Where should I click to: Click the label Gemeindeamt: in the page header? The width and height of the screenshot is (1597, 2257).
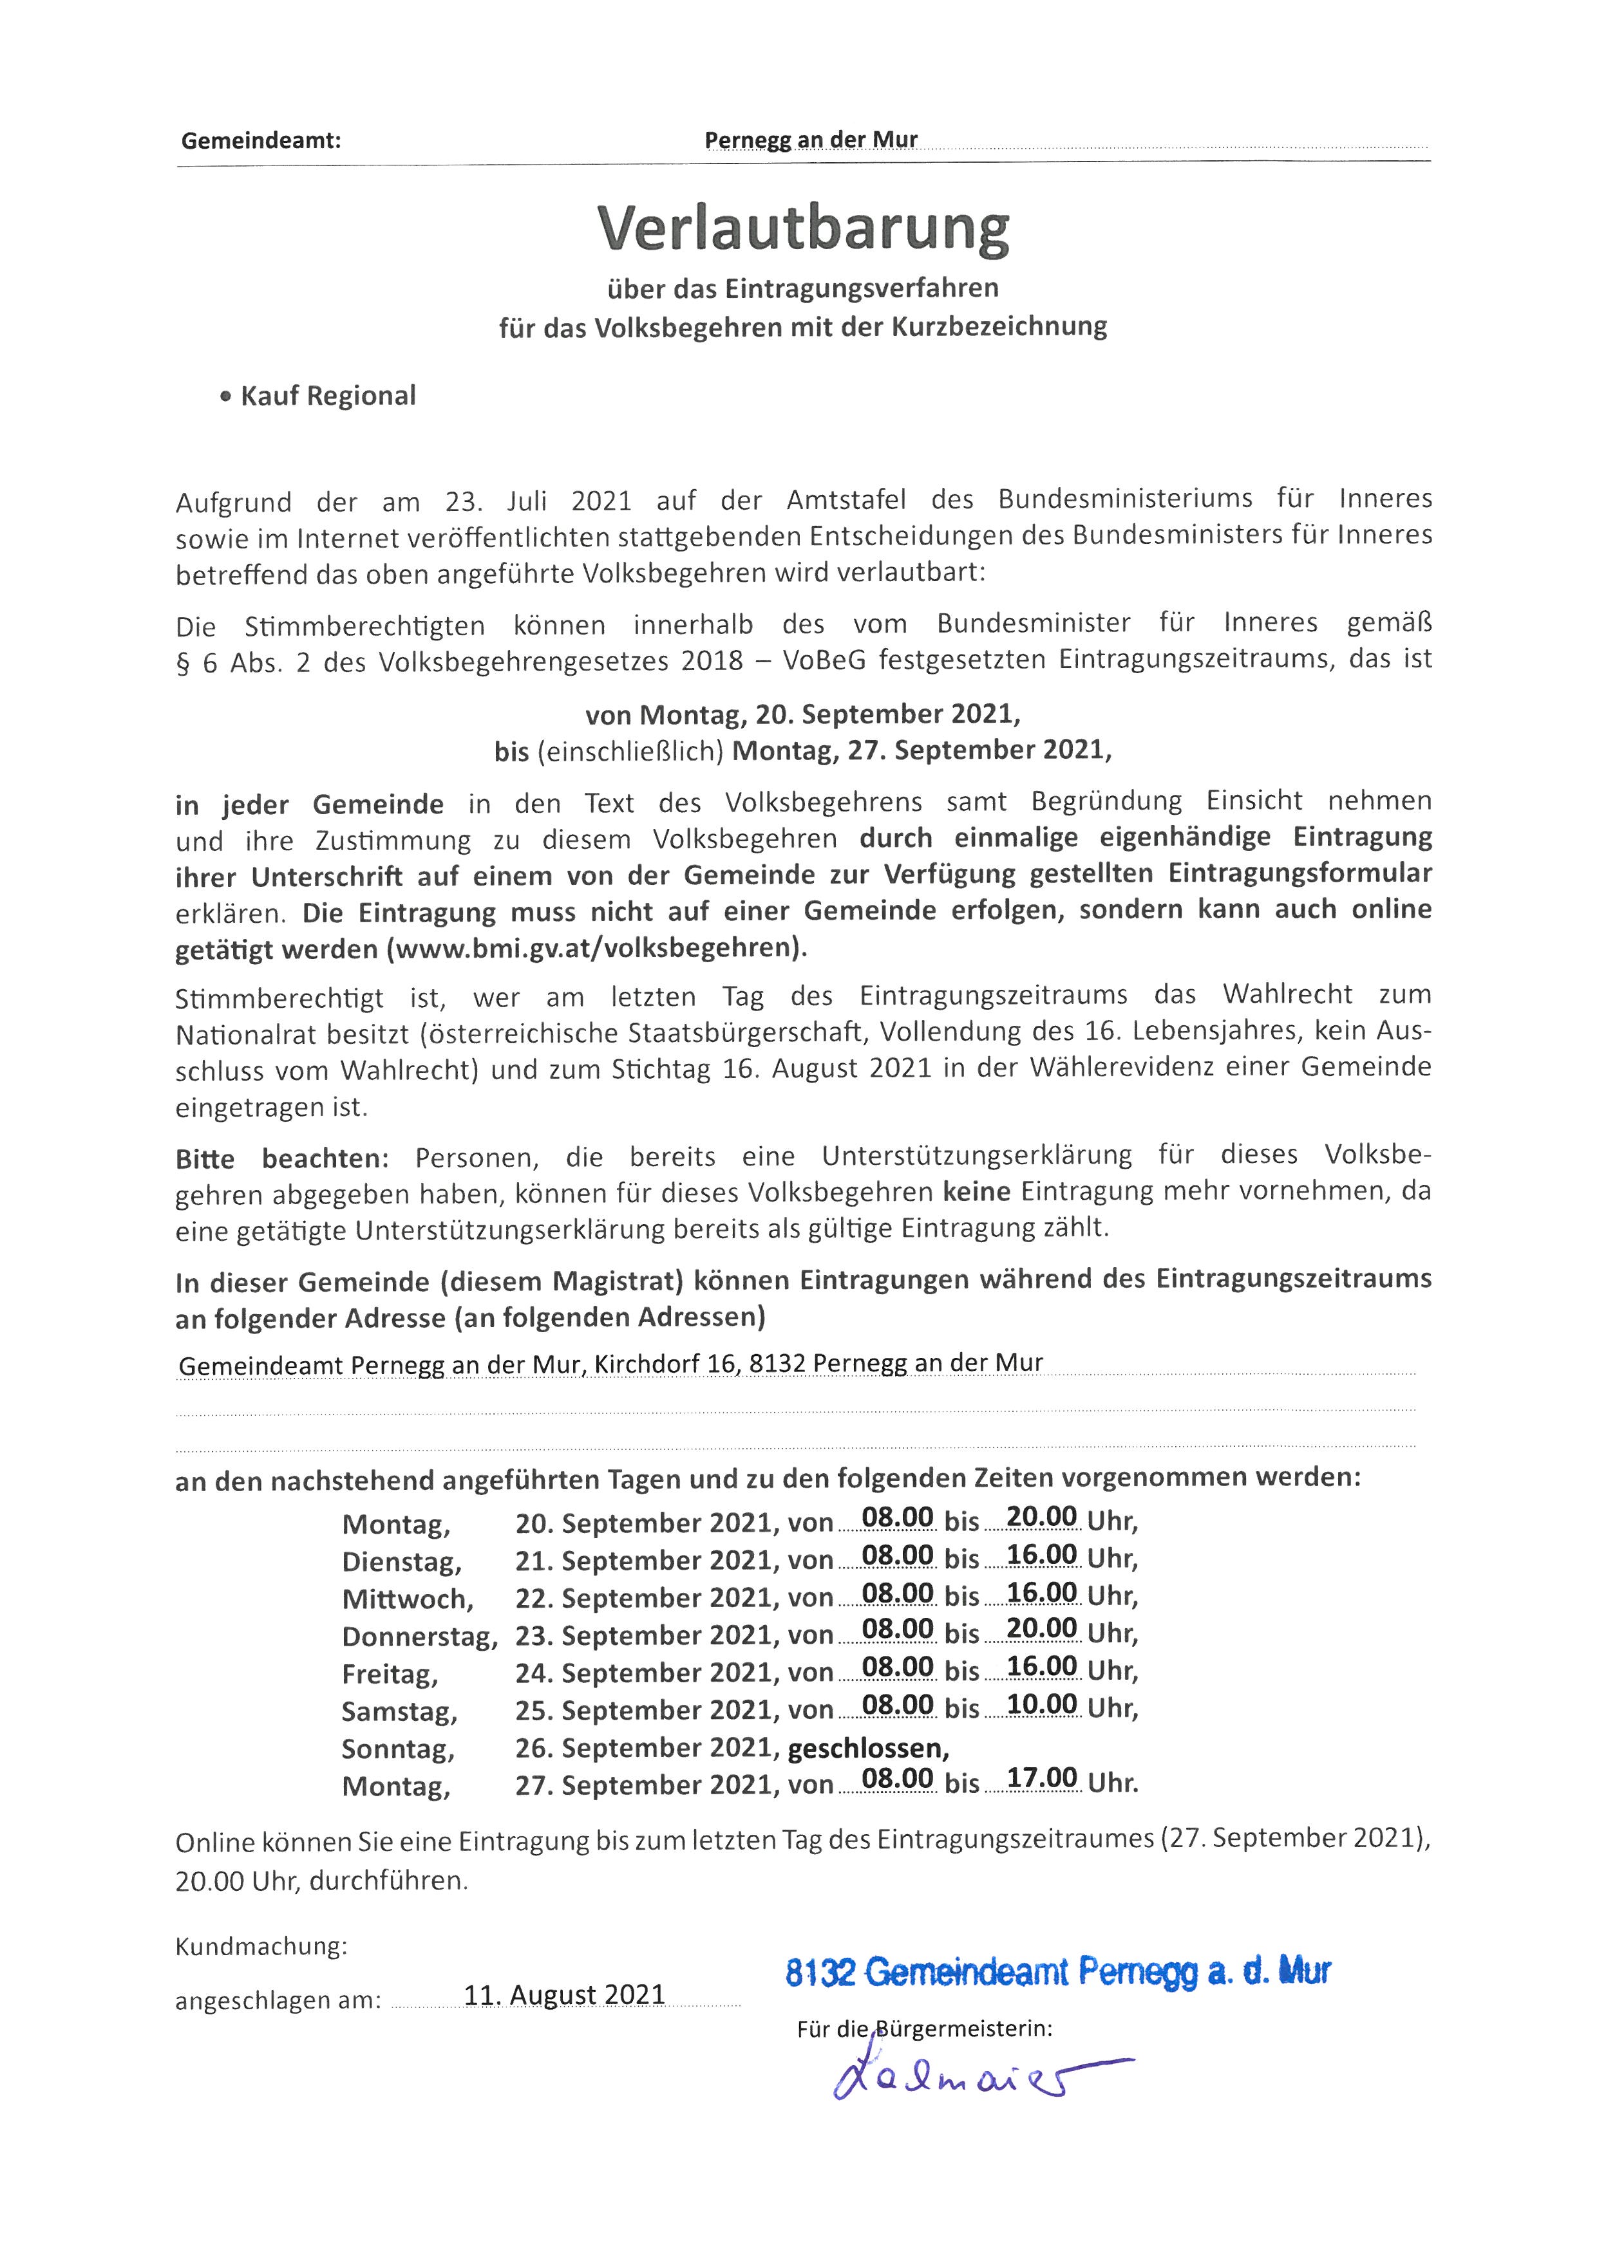click(x=261, y=140)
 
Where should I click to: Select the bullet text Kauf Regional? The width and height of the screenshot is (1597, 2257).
click(x=328, y=396)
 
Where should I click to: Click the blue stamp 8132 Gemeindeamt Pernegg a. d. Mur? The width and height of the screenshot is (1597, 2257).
click(x=1057, y=1971)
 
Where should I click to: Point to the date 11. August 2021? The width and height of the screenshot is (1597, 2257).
click(x=565, y=1994)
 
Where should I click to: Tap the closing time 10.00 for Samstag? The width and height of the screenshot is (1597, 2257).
click(x=1041, y=1705)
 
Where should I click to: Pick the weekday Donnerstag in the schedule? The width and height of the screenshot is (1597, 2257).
click(x=419, y=1636)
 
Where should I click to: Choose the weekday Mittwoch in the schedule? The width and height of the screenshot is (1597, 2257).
click(x=407, y=1599)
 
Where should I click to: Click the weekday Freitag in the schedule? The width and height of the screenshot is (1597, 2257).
click(x=390, y=1673)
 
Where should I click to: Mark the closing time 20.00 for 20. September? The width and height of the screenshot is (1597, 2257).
click(x=1041, y=1517)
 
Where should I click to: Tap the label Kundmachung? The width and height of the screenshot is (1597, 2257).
click(x=261, y=1946)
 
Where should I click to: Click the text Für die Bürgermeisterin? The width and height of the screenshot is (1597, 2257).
click(x=924, y=2028)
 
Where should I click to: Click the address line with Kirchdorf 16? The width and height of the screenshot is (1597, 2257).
click(x=610, y=1364)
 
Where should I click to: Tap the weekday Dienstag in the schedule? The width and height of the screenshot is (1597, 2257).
click(x=401, y=1562)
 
